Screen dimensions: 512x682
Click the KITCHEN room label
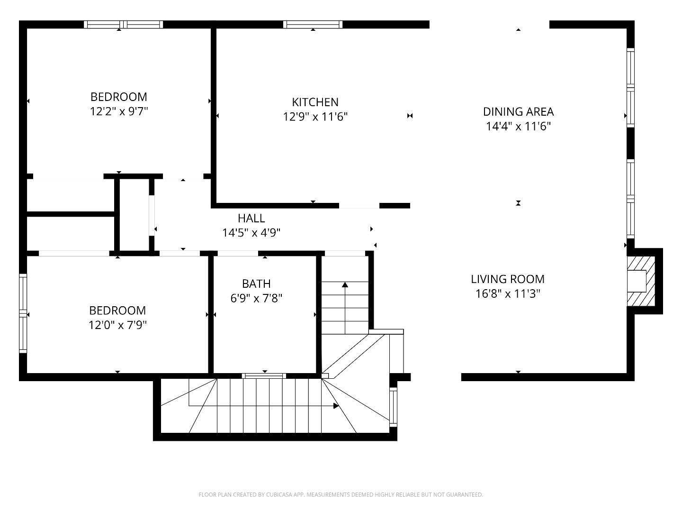click(315, 102)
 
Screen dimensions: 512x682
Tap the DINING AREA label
click(518, 111)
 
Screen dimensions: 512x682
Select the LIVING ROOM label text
click(508, 279)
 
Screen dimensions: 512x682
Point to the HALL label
click(251, 218)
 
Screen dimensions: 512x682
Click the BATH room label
click(256, 283)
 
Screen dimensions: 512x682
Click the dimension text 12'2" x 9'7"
click(119, 111)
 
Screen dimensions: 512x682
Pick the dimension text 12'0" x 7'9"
click(118, 325)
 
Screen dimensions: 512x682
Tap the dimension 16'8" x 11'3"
click(508, 293)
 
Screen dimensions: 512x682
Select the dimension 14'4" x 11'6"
click(518, 126)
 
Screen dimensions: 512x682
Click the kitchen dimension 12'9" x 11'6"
click(315, 117)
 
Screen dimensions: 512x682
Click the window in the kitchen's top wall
click(313, 24)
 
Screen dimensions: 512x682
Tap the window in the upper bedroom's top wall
click(123, 24)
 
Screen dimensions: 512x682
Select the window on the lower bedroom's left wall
click(23, 313)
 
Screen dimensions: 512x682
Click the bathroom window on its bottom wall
click(264, 376)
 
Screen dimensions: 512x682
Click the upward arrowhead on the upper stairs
click(345, 284)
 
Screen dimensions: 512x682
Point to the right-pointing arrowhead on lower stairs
click(336, 406)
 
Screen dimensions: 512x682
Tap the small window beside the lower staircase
click(393, 406)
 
